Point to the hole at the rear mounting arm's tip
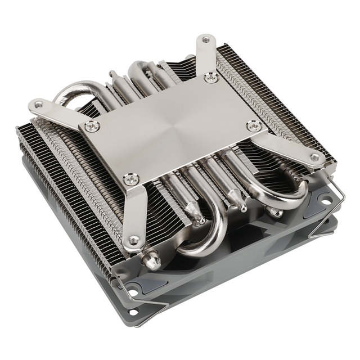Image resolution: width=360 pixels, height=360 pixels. click(x=206, y=40)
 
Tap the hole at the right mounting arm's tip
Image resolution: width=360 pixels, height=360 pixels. click(x=314, y=159)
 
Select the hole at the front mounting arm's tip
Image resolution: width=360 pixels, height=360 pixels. click(x=133, y=241)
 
